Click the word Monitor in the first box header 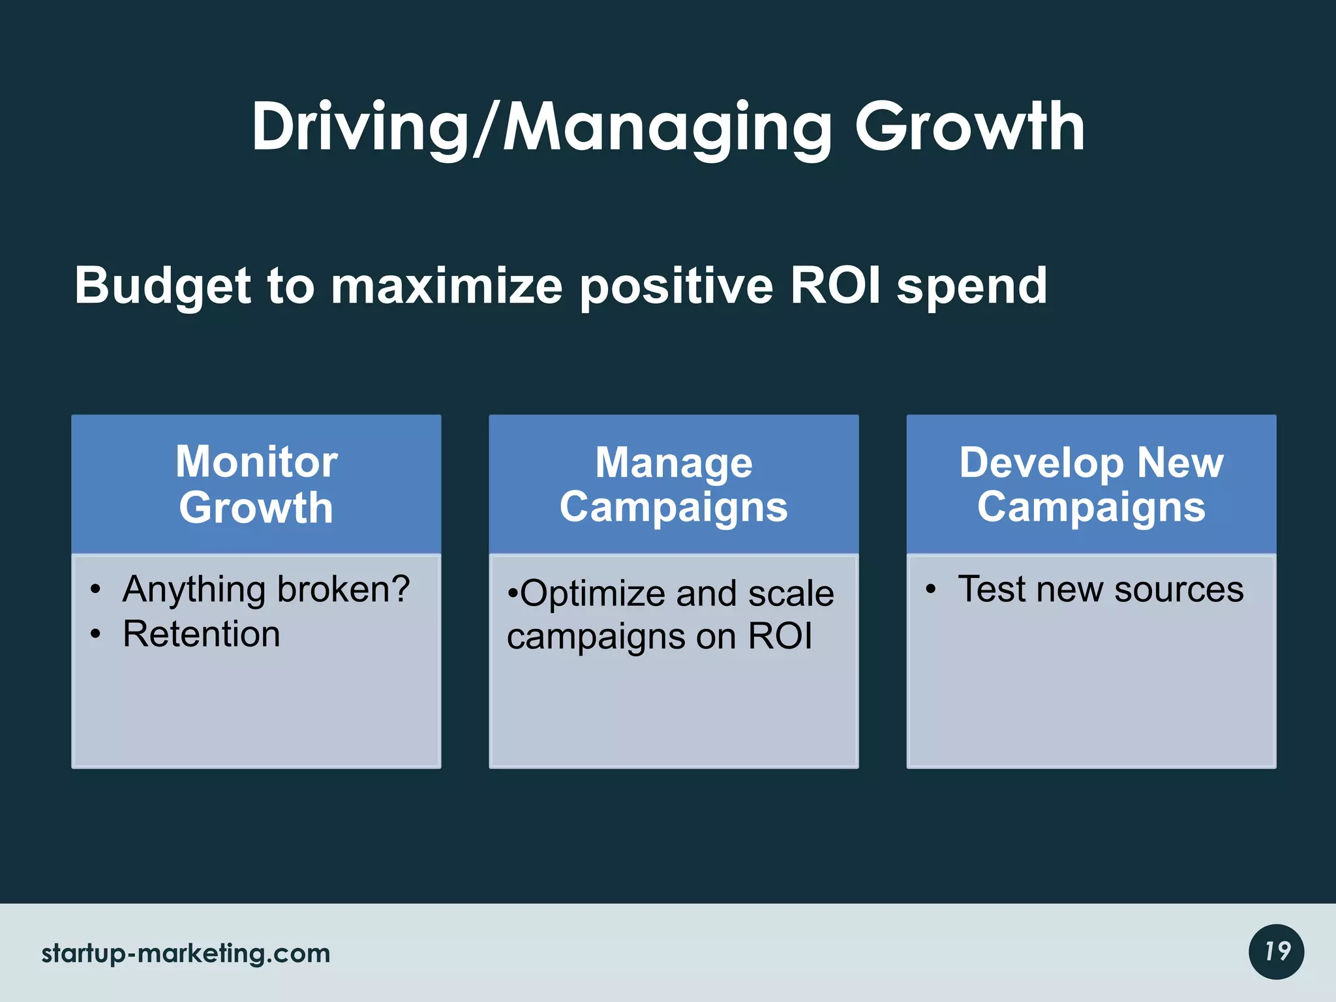pyautogui.click(x=256, y=462)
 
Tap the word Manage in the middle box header pyautogui.click(x=673, y=463)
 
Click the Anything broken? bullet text pyautogui.click(x=266, y=590)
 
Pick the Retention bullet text pyautogui.click(x=201, y=634)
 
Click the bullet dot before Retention pyautogui.click(x=96, y=634)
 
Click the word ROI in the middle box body pyautogui.click(x=780, y=636)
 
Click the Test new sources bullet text pyautogui.click(x=1100, y=590)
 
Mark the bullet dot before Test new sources pyautogui.click(x=931, y=590)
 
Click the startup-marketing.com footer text pyautogui.click(x=186, y=954)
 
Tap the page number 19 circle pyautogui.click(x=1276, y=952)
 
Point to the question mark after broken pyautogui.click(x=399, y=588)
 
